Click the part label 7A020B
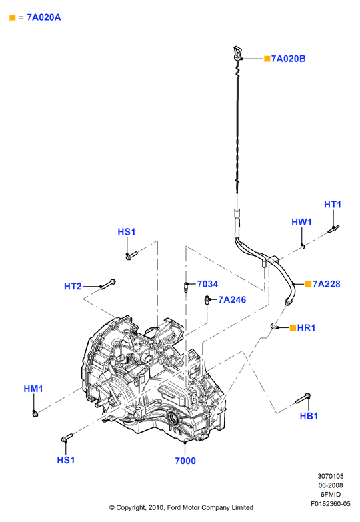[x=288, y=59]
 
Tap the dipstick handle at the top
[x=238, y=53]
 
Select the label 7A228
[x=326, y=284]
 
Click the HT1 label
[x=333, y=205]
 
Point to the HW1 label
[x=301, y=222]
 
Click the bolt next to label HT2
[x=108, y=284]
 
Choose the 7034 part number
[x=207, y=284]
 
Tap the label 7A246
[x=232, y=299]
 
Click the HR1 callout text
[x=306, y=328]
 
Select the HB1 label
[x=309, y=416]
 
